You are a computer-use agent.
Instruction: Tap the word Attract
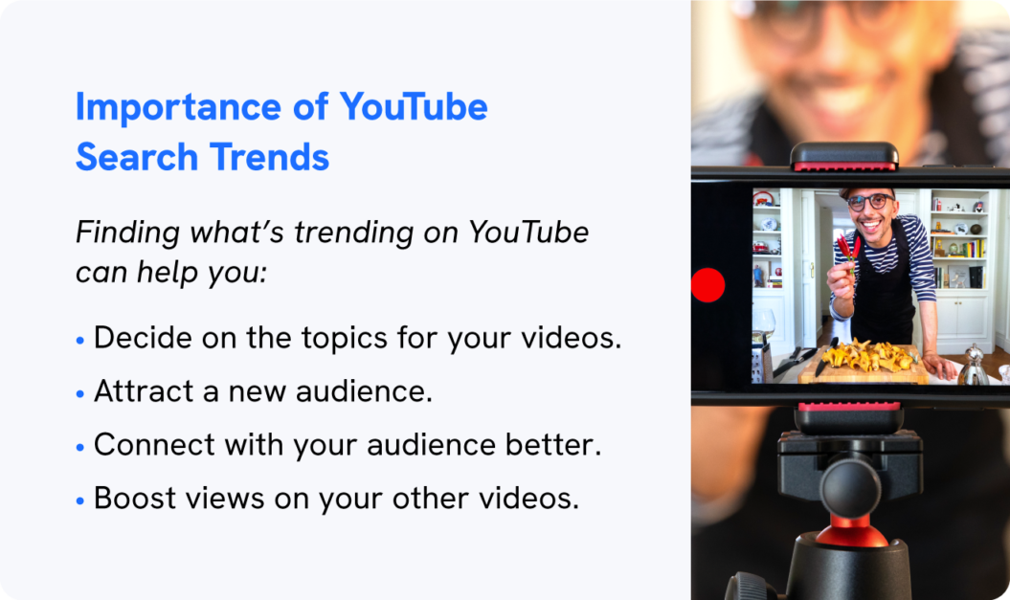(137, 392)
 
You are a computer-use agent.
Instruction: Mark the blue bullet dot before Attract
(80, 393)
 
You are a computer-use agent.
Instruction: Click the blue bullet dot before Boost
(80, 500)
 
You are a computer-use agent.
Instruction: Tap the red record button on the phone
(707, 285)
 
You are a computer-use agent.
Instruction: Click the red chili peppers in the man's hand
(846, 250)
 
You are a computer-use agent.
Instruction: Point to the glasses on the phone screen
(868, 202)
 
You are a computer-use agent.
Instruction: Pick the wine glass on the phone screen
(765, 322)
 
